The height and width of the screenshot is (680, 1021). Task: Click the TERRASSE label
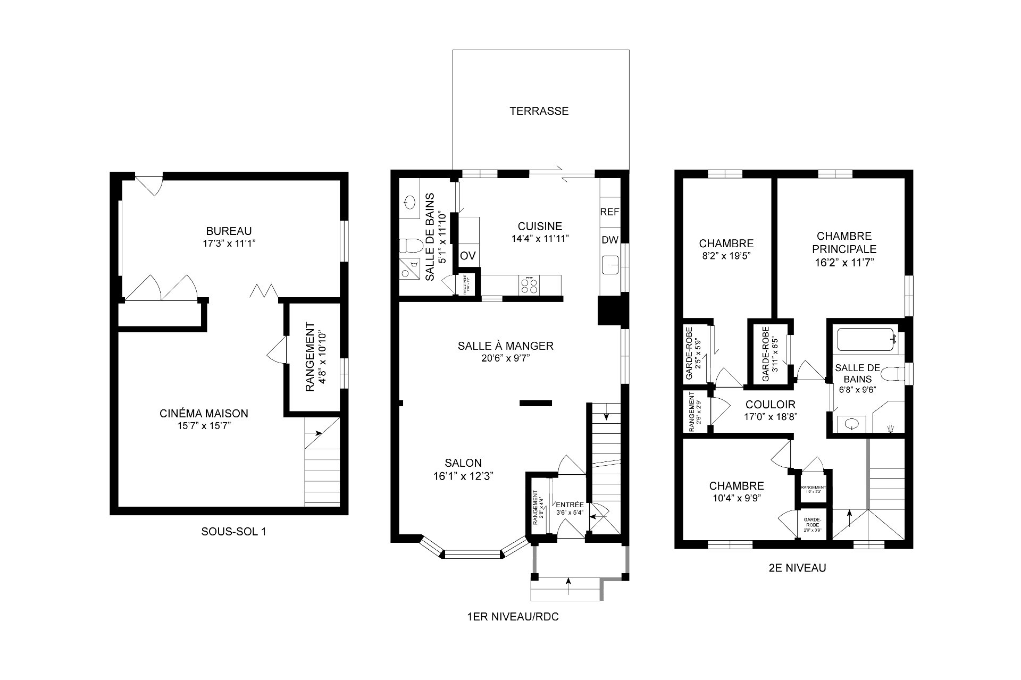[x=539, y=111]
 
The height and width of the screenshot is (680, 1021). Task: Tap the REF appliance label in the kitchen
[x=609, y=212]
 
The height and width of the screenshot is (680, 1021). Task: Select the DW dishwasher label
[x=609, y=240]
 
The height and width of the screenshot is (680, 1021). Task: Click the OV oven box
[x=467, y=256]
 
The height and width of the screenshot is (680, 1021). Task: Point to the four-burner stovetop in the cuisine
[x=529, y=286]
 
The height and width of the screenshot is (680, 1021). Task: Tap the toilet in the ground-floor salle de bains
[x=411, y=246]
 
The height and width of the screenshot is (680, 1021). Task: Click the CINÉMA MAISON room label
[x=204, y=413]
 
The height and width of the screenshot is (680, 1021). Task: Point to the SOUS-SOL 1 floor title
[x=233, y=532]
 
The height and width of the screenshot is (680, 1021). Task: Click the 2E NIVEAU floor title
[x=793, y=568]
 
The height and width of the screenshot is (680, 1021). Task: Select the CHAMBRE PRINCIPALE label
[x=843, y=242]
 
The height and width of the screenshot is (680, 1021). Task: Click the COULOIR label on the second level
[x=770, y=405]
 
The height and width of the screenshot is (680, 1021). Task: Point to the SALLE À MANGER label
[x=505, y=346]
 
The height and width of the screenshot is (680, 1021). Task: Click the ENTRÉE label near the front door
[x=570, y=505]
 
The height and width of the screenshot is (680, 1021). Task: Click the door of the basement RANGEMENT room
[x=276, y=351]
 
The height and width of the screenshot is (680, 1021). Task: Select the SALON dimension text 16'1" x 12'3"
[x=464, y=476]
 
